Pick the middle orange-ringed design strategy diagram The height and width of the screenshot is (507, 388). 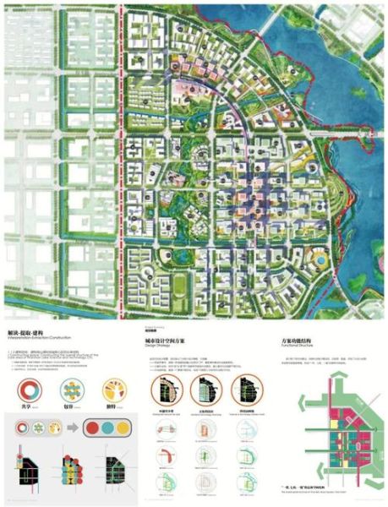tap(205, 391)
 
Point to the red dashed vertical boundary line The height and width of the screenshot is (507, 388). tap(125, 169)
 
